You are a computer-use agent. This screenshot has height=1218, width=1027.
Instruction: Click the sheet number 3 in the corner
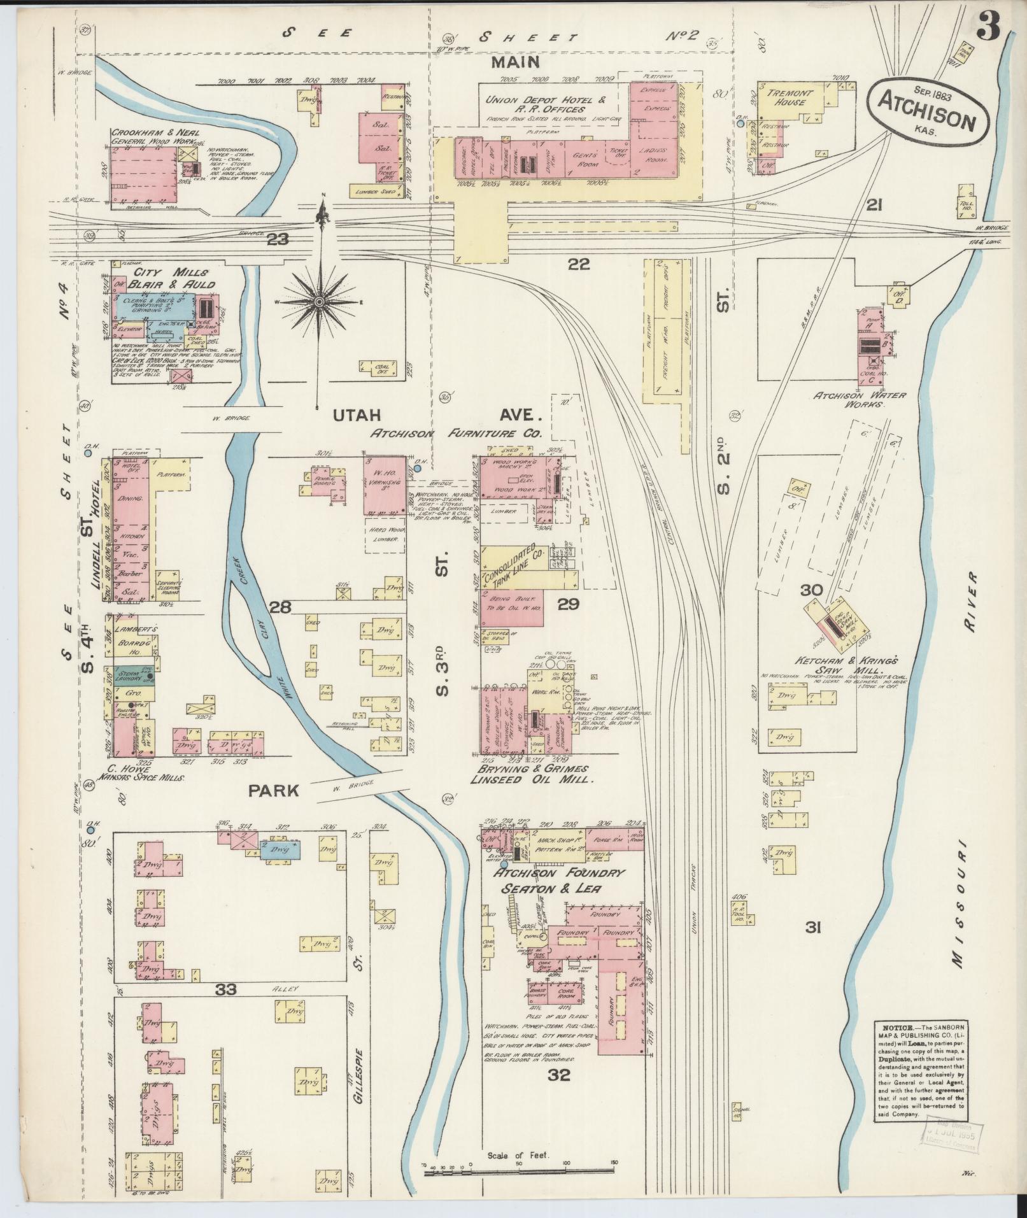tap(989, 27)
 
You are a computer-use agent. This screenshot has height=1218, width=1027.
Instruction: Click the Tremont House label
tap(790, 97)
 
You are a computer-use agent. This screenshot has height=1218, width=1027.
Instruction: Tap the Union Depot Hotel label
tap(545, 100)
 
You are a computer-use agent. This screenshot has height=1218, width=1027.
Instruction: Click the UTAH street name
tap(357, 416)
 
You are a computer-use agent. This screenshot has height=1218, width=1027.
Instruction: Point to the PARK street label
tap(274, 791)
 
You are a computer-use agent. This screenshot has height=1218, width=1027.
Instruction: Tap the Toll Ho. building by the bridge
tap(966, 199)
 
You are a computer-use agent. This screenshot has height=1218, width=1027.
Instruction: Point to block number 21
tap(874, 204)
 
